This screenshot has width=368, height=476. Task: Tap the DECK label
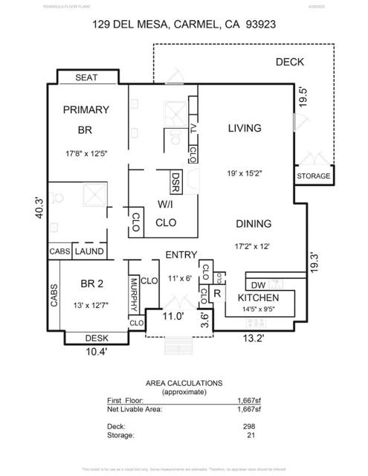pos(289,62)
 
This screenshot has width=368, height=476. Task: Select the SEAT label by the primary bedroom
pos(86,77)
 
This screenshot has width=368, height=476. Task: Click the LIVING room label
pos(244,128)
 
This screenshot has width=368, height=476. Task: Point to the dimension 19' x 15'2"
pos(246,173)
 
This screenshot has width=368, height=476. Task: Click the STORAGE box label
pos(313,176)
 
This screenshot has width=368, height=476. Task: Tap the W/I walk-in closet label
pos(165,205)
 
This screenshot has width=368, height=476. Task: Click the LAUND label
pos(88,251)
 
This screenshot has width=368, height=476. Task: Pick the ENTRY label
pos(180,254)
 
